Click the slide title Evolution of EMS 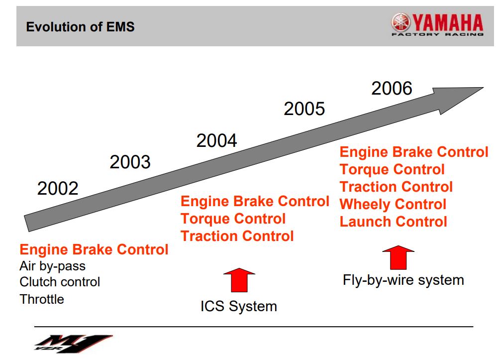click(80, 26)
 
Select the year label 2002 click(58, 189)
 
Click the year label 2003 click(130, 162)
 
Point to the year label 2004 click(216, 141)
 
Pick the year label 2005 click(304, 109)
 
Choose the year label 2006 click(392, 89)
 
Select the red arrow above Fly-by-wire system click(398, 258)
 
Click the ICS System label click(238, 306)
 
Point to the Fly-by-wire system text click(403, 280)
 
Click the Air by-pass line click(52, 266)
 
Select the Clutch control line click(60, 282)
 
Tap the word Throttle click(42, 299)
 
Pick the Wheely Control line click(393, 204)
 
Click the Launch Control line click(393, 222)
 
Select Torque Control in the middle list click(233, 219)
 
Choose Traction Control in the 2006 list click(396, 187)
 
